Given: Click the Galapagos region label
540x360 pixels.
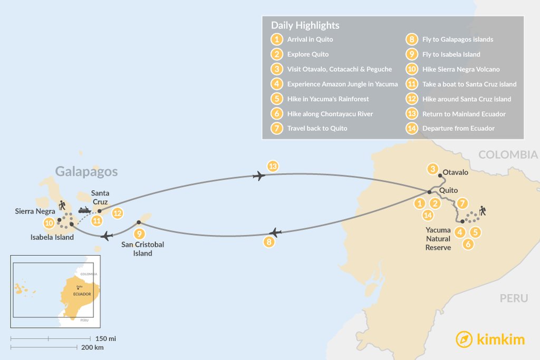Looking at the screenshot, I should tap(86, 171).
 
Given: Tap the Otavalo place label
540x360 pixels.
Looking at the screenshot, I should tap(456, 172).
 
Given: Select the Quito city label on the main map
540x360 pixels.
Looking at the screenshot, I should tap(448, 190).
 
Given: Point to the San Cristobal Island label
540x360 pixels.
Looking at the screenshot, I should tap(142, 249).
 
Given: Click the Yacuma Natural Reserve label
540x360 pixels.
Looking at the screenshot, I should tap(438, 238).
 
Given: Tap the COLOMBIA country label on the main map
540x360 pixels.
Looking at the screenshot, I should tap(507, 155).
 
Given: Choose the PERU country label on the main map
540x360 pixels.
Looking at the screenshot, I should tap(514, 298).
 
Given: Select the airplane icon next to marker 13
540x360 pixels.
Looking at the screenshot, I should tap(258, 176).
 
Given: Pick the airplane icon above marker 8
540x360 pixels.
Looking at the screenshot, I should tap(273, 232).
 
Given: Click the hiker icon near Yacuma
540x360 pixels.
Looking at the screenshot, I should tap(483, 211).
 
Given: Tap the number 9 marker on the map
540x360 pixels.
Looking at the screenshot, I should tap(139, 233).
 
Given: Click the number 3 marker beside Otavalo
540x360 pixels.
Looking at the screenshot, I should tap(433, 169).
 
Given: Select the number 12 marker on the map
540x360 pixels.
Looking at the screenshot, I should tap(118, 213).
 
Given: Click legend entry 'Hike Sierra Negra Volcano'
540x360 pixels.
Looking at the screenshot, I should tap(460, 69).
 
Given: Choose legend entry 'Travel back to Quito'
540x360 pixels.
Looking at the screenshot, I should tap(317, 128).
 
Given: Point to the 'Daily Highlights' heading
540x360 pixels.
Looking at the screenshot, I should tap(305, 25).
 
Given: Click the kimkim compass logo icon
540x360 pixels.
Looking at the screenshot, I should tap(464, 339).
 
